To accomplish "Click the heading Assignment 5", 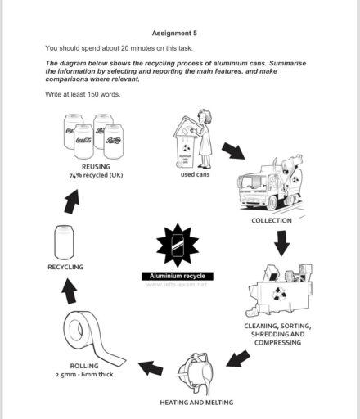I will pyautogui.click(x=174, y=32).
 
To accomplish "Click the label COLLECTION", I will pyautogui.click(x=272, y=220).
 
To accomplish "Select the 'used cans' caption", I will pyautogui.click(x=195, y=173).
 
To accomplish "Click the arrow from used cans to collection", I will pyautogui.click(x=233, y=151).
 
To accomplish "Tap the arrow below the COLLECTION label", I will pyautogui.click(x=281, y=242).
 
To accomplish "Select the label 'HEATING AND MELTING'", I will pyautogui.click(x=196, y=402).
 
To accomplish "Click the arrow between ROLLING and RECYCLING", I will pyautogui.click(x=70, y=289).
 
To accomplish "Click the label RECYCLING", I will pyautogui.click(x=65, y=267).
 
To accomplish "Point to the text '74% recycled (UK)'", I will pyautogui.click(x=96, y=174).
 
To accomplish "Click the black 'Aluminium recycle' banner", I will pyautogui.click(x=178, y=276).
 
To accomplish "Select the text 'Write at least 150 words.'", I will pyautogui.click(x=83, y=94).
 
